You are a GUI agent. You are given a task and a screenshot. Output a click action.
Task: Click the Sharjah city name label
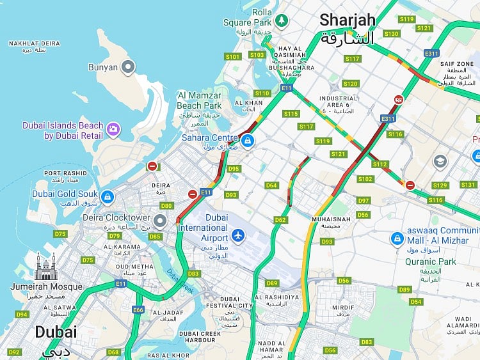click(348, 20)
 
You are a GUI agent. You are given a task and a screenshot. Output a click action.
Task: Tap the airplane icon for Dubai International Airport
click(238, 236)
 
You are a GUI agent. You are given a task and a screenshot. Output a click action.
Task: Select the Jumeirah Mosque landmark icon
click(46, 267)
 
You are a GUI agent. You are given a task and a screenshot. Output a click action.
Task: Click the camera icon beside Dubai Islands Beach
click(113, 130)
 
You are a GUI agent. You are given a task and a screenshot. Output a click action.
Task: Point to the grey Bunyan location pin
click(129, 67)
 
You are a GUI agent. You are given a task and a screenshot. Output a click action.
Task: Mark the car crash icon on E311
click(399, 100)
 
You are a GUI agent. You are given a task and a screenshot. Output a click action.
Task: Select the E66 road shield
click(138, 309)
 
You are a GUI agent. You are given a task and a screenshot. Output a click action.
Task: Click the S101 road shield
click(233, 57)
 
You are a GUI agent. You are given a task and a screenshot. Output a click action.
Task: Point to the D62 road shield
click(280, 220)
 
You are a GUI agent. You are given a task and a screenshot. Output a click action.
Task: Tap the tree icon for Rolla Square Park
click(281, 20)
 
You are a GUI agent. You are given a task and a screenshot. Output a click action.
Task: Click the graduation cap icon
click(440, 161)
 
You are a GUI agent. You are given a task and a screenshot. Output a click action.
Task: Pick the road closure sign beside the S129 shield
click(410, 185)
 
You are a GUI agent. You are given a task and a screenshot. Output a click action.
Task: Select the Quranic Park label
click(430, 261)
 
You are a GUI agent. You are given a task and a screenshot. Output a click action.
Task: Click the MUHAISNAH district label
click(330, 219)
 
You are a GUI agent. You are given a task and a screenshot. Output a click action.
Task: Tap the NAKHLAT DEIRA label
click(34, 43)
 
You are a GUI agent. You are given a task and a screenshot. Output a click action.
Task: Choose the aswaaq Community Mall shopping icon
click(396, 239)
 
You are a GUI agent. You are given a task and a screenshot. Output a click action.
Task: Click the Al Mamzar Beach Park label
click(199, 100)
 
